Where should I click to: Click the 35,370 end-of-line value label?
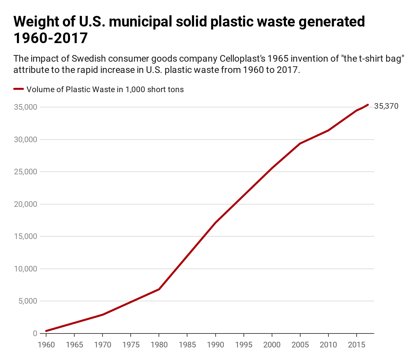(386, 106)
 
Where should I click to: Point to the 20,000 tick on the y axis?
(26, 204)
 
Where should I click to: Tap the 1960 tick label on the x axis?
(46, 345)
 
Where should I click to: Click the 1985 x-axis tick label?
(187, 345)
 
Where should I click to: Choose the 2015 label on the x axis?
(357, 345)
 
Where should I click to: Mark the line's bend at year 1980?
(159, 289)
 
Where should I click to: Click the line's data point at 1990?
(216, 223)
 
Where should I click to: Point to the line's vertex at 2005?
(300, 144)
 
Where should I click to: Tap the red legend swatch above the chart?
(19, 89)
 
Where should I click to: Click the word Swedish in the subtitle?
(87, 59)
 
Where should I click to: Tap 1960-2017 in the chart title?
(50, 38)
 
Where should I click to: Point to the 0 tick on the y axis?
(35, 333)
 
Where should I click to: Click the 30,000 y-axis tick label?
(26, 140)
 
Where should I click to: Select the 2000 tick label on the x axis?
(272, 345)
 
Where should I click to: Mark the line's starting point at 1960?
(46, 331)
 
